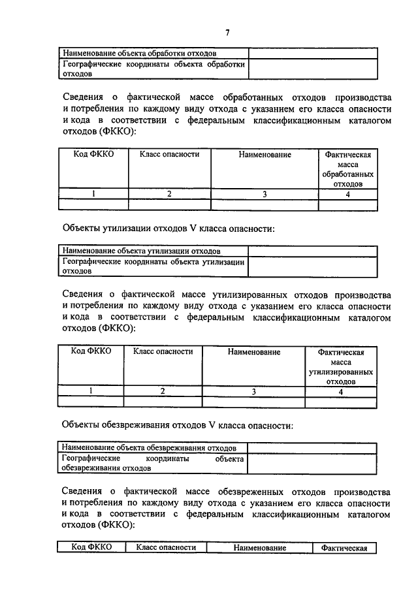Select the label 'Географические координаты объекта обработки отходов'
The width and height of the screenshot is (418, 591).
pyautogui.click(x=153, y=69)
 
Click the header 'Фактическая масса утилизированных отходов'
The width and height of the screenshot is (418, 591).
pyautogui.click(x=340, y=366)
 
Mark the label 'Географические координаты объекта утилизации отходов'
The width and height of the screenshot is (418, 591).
pyautogui.click(x=153, y=266)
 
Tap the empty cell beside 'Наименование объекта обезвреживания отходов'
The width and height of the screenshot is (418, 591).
pyautogui.click(x=312, y=447)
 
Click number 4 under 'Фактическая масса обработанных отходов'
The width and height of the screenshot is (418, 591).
pyautogui.click(x=348, y=194)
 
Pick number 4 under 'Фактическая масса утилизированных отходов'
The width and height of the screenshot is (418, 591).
pyautogui.click(x=340, y=391)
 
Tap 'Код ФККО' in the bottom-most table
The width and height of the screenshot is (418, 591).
pyautogui.click(x=91, y=547)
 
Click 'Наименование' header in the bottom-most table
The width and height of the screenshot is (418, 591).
pyautogui.click(x=259, y=547)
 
